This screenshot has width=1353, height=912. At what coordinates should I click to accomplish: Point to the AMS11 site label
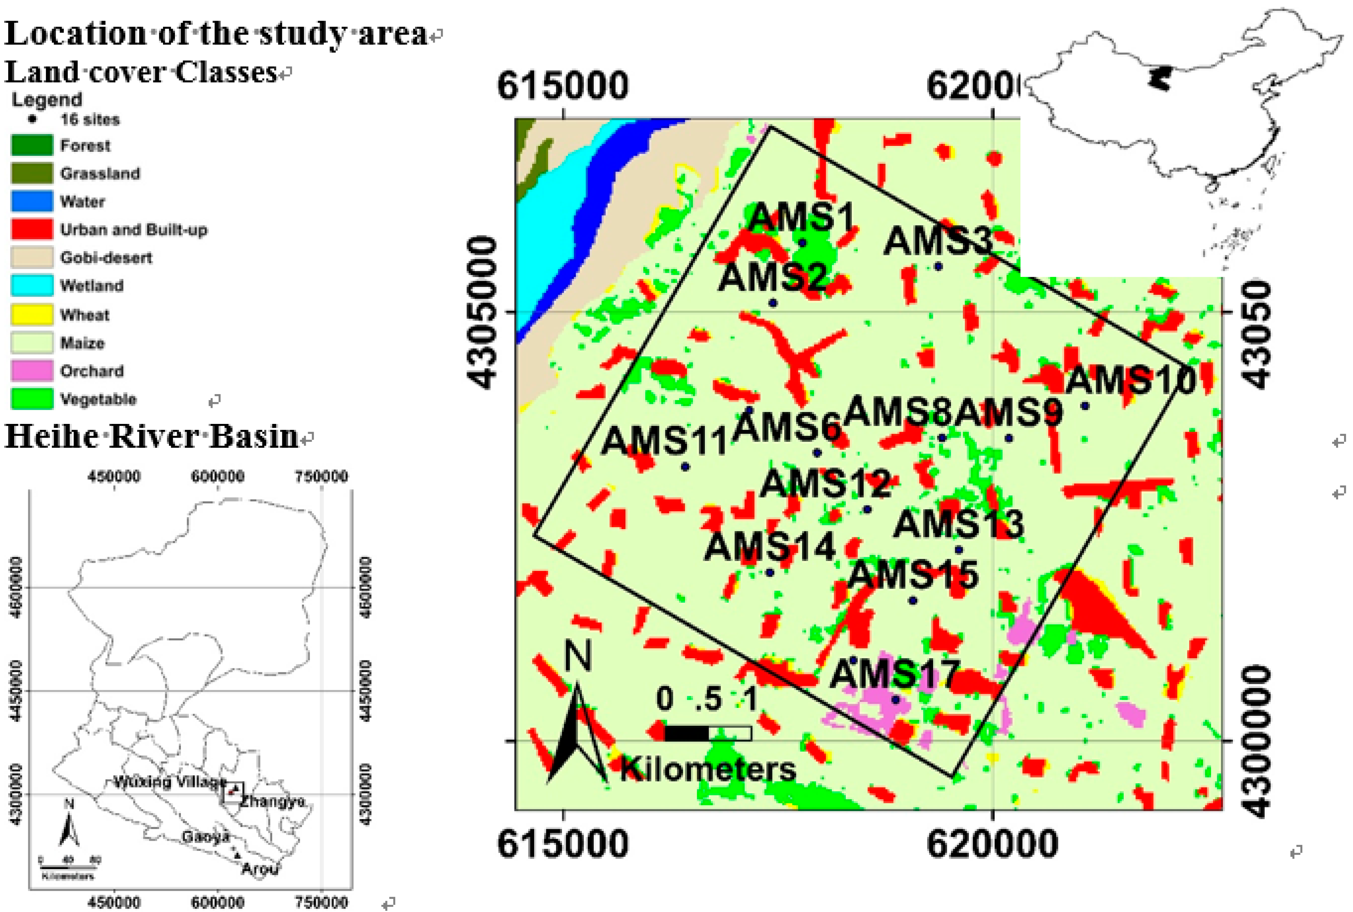click(x=664, y=440)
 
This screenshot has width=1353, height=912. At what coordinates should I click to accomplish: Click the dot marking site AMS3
click(x=938, y=266)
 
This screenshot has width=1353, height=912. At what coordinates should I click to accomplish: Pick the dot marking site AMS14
click(x=769, y=572)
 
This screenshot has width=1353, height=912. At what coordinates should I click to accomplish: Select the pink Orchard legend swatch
click(x=32, y=371)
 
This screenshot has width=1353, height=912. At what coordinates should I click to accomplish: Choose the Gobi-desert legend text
click(x=106, y=257)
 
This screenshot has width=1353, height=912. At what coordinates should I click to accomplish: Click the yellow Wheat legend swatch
click(x=32, y=315)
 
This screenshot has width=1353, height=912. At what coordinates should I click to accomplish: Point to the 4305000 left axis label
click(x=484, y=312)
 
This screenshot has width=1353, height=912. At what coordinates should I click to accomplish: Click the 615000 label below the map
click(x=563, y=844)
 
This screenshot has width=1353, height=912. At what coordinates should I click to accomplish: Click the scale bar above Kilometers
click(x=707, y=733)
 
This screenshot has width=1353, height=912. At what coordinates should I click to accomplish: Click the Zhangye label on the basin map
click(x=272, y=802)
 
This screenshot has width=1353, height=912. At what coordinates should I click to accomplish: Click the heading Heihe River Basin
click(x=151, y=436)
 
